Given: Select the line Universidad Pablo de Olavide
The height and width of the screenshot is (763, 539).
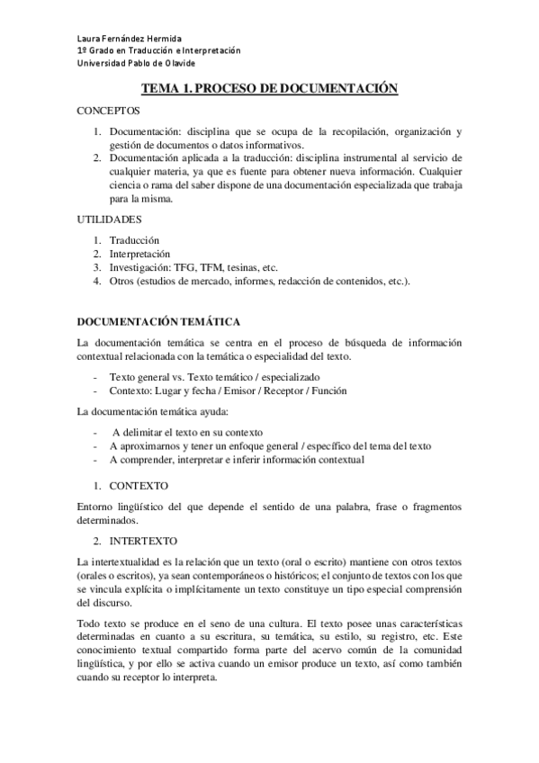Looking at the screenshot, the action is coord(135,63).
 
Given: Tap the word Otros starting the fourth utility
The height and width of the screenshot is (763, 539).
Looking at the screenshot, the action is coord(124,282).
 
